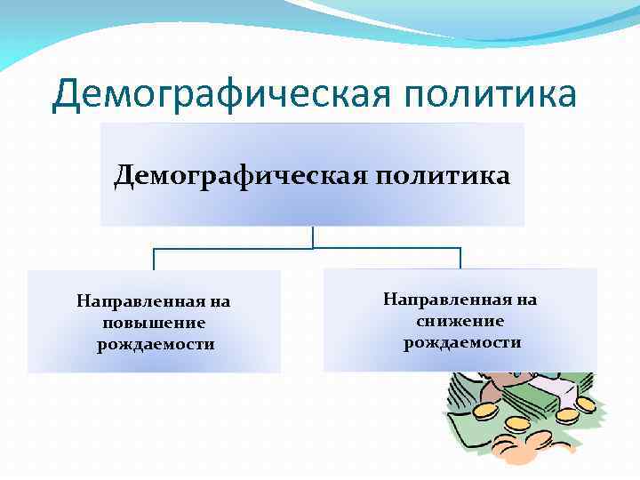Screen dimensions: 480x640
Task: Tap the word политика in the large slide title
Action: pos(485,94)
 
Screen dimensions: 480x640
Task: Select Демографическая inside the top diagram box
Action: pos(234,175)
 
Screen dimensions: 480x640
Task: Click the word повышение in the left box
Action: pos(154,323)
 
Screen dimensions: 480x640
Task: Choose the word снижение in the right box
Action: pos(460,321)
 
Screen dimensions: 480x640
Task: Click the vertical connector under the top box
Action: pos(313,236)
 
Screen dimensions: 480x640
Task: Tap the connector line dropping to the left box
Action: pos(155,259)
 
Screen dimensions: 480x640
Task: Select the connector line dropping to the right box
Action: pos(460,258)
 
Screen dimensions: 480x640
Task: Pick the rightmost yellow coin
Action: pos(585,404)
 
